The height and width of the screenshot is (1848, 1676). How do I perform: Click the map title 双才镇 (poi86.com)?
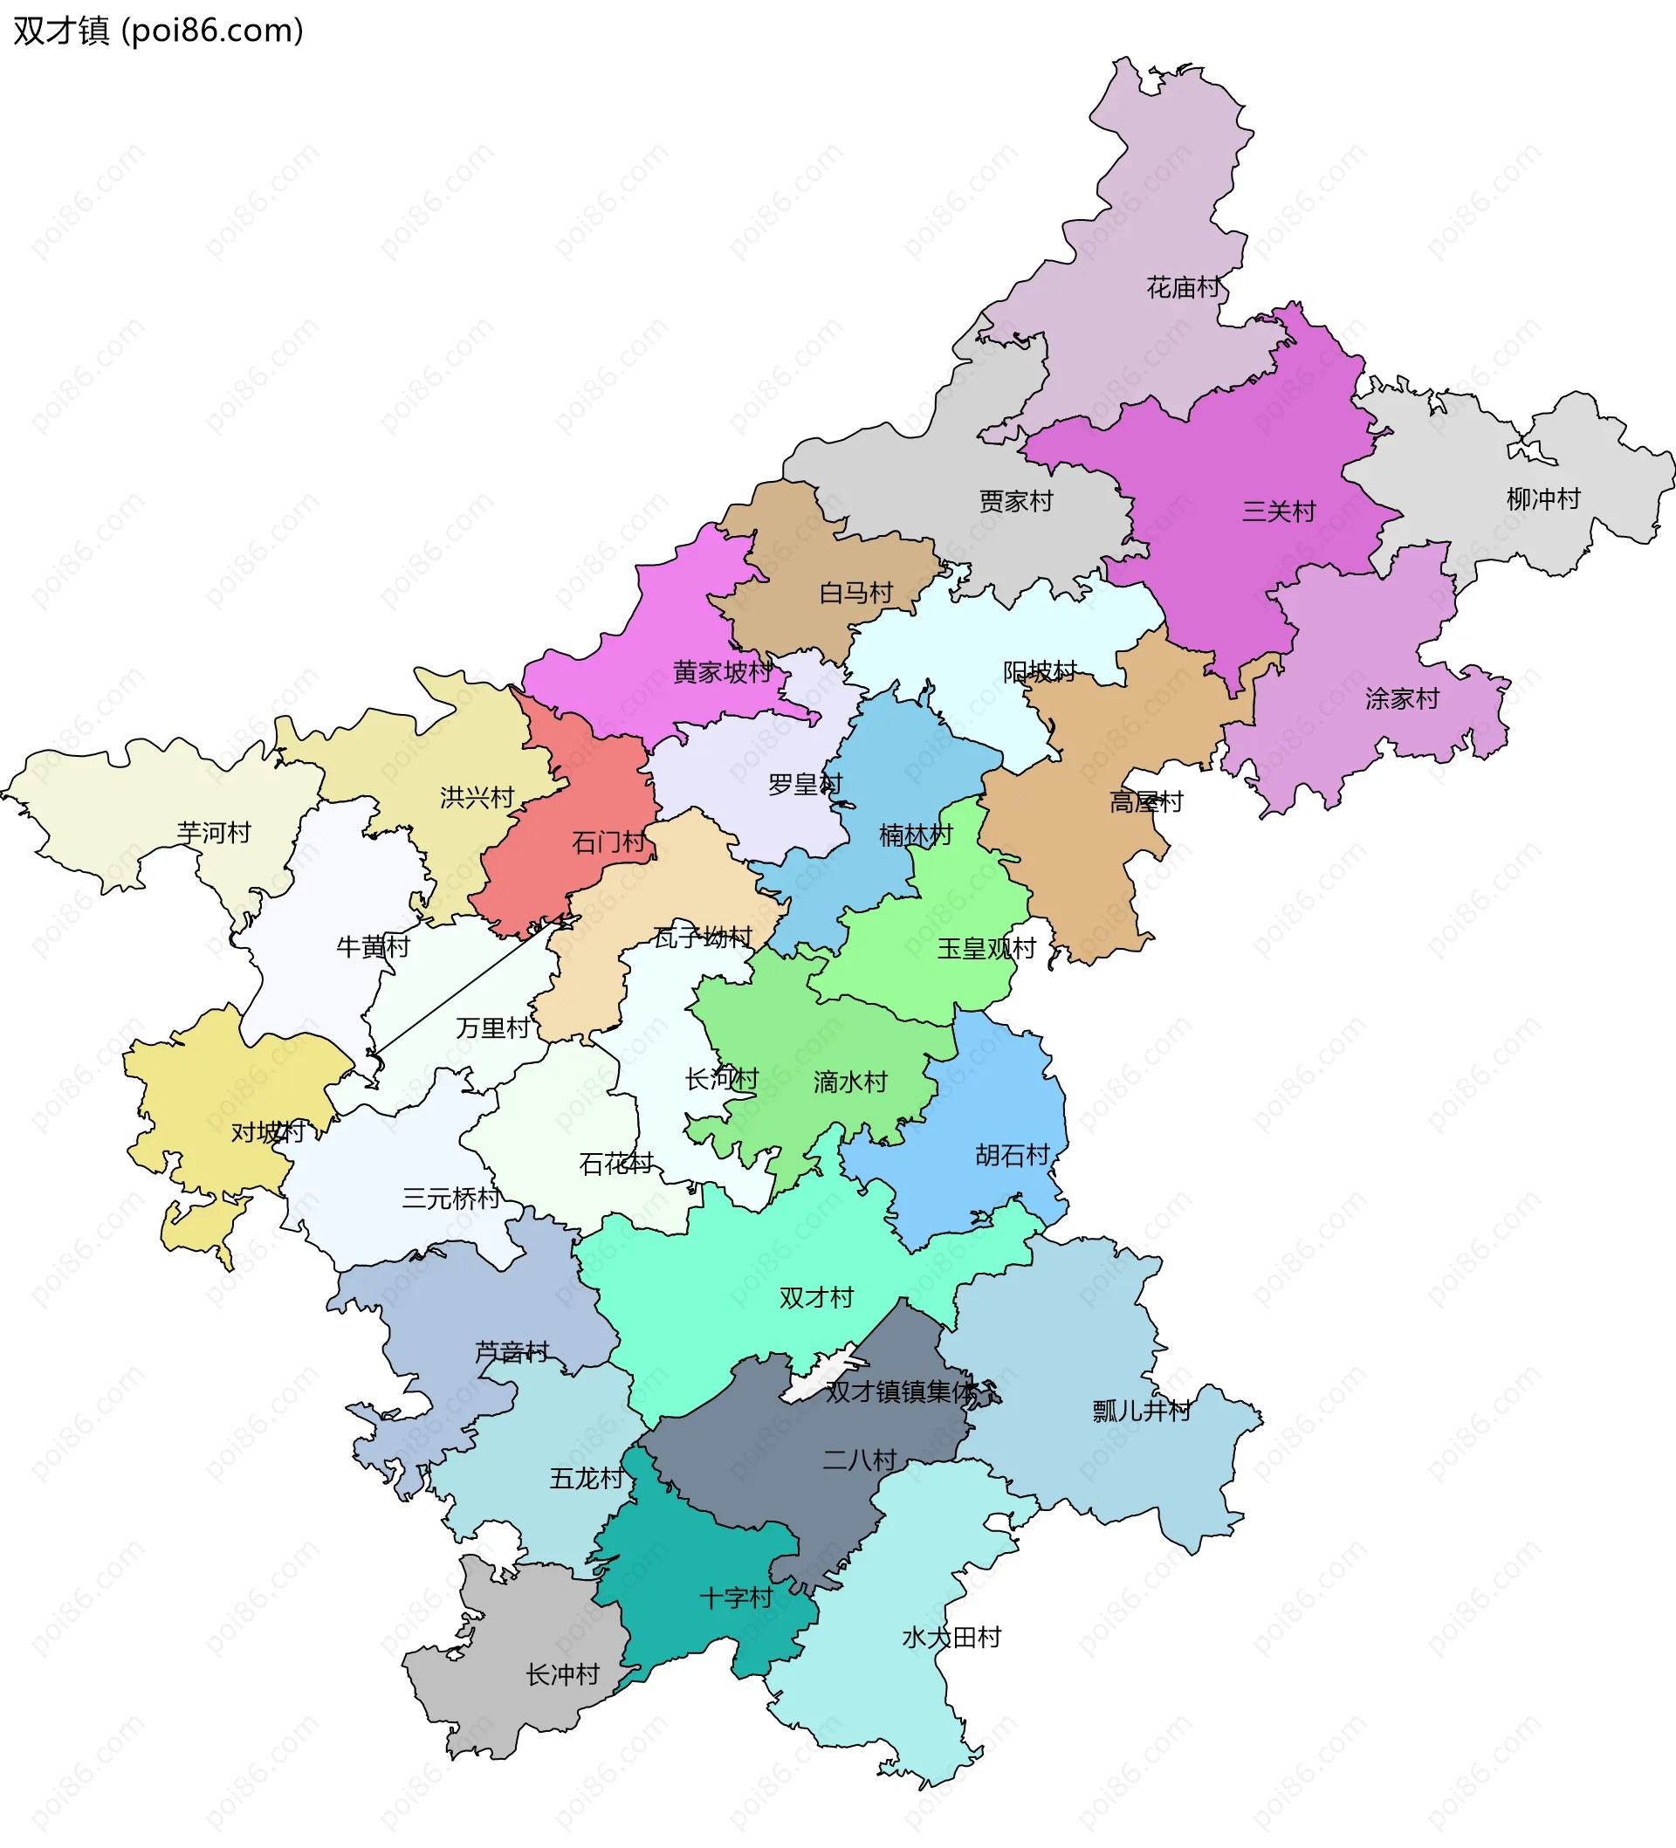158,31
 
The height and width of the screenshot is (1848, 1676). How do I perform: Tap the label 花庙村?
1184,288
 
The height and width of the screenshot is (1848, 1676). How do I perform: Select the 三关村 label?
1279,512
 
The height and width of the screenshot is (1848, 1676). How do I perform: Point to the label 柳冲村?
1544,498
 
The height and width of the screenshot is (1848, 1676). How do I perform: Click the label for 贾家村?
1016,501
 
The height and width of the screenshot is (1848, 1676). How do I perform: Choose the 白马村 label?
855,593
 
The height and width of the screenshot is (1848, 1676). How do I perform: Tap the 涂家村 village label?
1402,698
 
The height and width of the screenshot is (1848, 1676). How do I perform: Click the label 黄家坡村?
723,672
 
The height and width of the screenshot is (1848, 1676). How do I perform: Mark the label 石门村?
608,842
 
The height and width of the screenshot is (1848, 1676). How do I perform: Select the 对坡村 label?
268,1132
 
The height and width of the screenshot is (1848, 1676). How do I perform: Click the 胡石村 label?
1013,1155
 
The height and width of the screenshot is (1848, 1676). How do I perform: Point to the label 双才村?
816,1297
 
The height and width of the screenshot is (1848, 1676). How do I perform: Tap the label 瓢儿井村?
1142,1411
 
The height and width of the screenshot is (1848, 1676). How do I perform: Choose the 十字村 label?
736,1597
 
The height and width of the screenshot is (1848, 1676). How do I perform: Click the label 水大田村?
951,1637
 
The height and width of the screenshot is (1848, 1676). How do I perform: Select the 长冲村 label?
563,1675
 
